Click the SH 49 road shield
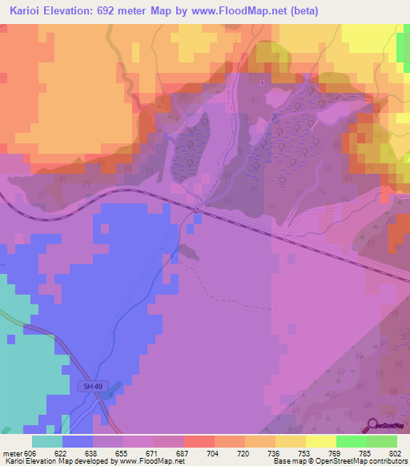pos(94,387)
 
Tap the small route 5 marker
pos(261,82)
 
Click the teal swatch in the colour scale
pos(47,441)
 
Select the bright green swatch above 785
pos(352,441)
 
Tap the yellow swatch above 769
pos(321,441)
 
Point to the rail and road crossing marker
pos(195,210)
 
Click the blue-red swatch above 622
pos(78,441)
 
